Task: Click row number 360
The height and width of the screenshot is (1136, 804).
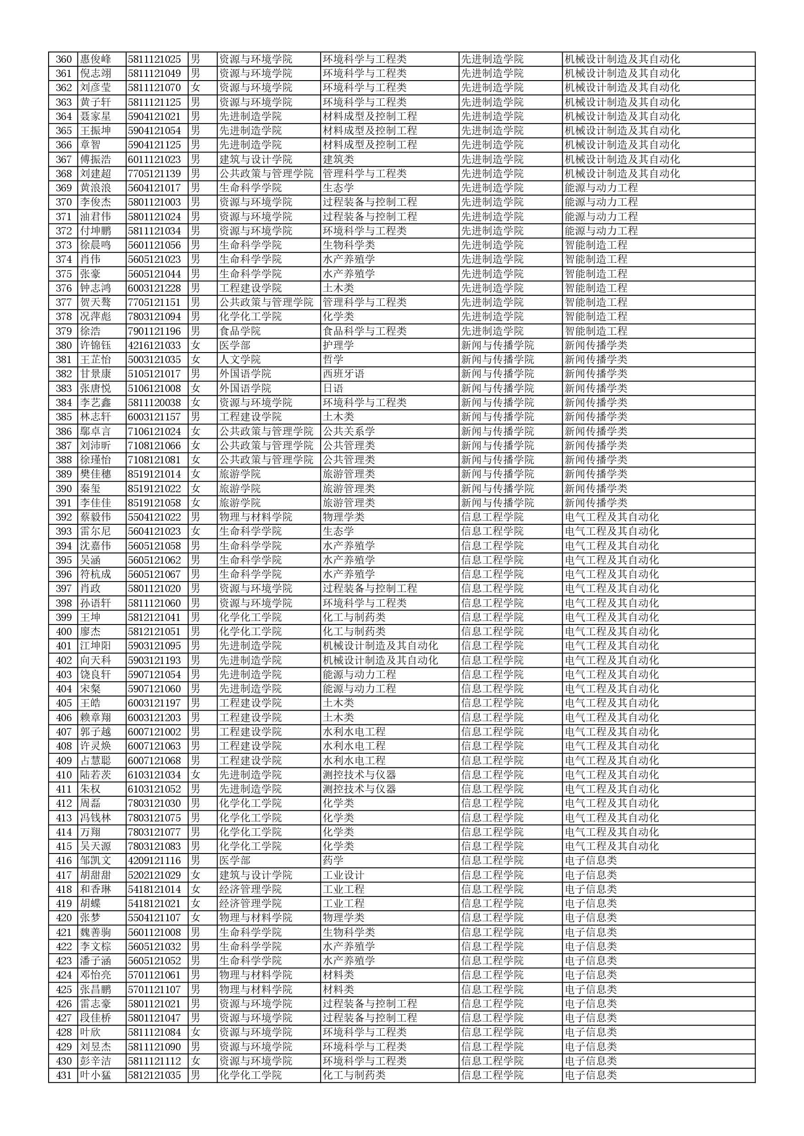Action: tap(63, 60)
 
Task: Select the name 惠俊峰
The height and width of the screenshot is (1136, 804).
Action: tap(96, 60)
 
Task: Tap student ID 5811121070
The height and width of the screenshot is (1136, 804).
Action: tap(154, 88)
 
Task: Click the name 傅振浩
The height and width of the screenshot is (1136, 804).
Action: tap(96, 159)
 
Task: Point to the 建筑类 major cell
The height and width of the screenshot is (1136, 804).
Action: tap(338, 159)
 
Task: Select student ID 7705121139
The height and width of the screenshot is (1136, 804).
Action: tap(154, 174)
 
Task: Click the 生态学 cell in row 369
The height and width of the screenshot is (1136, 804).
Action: tap(338, 188)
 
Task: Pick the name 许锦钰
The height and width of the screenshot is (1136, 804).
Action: tap(96, 345)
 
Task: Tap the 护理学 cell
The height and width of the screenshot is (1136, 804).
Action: tap(338, 345)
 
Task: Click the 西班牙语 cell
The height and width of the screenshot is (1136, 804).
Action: tap(344, 374)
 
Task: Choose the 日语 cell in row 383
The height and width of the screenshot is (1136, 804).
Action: tap(333, 388)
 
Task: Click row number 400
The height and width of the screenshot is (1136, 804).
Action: tap(63, 632)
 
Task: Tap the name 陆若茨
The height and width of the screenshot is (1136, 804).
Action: tap(96, 775)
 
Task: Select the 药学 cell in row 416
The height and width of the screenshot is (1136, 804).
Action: tap(333, 860)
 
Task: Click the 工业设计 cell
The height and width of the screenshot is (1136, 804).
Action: tap(344, 875)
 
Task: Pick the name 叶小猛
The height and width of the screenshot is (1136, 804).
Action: tap(96, 1075)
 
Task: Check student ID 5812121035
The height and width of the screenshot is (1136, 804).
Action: tap(154, 1075)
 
